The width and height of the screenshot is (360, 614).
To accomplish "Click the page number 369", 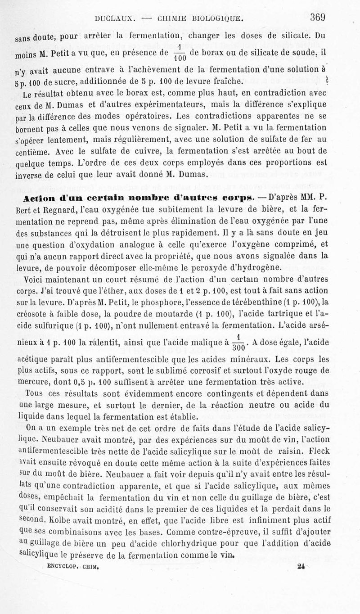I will tap(317, 18).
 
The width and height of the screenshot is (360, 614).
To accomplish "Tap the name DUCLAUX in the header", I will tap(112, 19).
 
